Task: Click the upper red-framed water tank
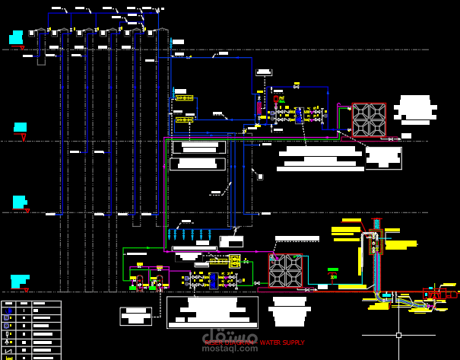click(x=368, y=119)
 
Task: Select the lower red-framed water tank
click(x=285, y=269)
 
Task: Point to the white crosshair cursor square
click(x=398, y=335)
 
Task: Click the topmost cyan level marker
click(x=16, y=37)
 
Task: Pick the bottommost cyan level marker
click(x=19, y=281)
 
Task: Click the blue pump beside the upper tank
click(x=299, y=116)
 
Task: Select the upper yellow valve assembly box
click(x=184, y=98)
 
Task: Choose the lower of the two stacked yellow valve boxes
click(x=184, y=119)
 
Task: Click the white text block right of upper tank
click(x=416, y=110)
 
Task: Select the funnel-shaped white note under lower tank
click(x=289, y=311)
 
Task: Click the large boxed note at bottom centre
click(x=212, y=312)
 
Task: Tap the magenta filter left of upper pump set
click(x=259, y=108)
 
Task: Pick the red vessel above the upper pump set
click(x=275, y=98)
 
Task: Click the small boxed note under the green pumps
click(x=135, y=315)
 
